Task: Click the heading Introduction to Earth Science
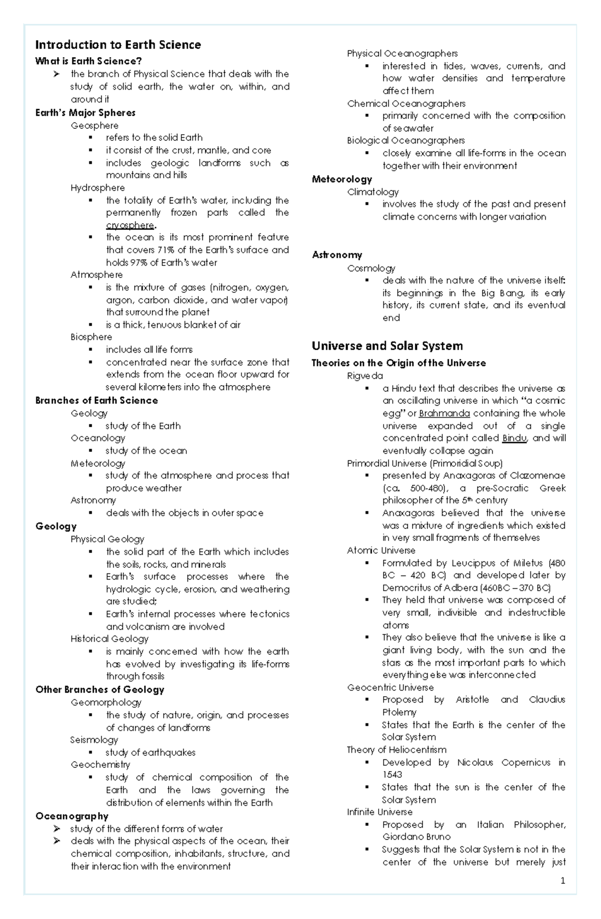click(x=118, y=45)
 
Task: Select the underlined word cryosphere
click(x=130, y=225)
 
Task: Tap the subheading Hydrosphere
click(x=98, y=188)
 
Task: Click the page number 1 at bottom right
click(x=563, y=880)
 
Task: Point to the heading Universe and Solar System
click(x=387, y=346)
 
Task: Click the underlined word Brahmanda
click(x=444, y=414)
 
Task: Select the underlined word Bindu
click(x=514, y=438)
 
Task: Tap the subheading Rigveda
click(x=365, y=376)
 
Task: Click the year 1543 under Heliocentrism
click(x=392, y=775)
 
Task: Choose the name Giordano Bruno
click(x=416, y=837)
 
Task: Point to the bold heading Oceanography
click(x=72, y=816)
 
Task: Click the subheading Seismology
click(x=94, y=740)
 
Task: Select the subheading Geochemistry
click(x=100, y=765)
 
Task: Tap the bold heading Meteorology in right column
click(x=342, y=179)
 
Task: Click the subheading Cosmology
click(x=371, y=268)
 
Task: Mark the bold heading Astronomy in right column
click(x=337, y=255)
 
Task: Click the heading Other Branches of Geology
click(x=100, y=690)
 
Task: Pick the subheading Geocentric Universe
click(x=390, y=688)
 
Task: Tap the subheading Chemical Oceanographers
click(x=406, y=104)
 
